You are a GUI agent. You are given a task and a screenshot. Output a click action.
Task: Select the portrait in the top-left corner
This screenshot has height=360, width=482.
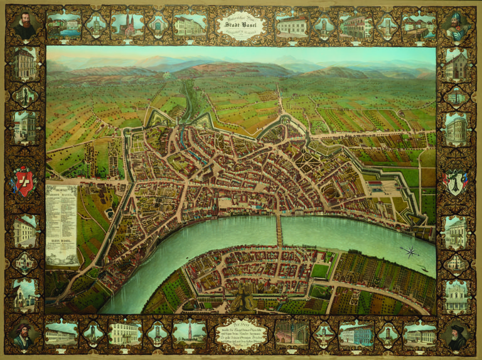point(25,26)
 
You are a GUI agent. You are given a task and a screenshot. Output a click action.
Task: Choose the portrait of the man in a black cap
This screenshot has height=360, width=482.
point(457,334)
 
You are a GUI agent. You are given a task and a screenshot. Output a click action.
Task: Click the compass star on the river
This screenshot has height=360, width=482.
point(411,252)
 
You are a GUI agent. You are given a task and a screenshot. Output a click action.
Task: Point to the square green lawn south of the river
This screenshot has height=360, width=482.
point(321,270)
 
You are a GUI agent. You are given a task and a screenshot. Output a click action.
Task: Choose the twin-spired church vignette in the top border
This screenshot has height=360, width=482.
point(127,24)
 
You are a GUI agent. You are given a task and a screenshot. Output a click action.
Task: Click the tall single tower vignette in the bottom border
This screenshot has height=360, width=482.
point(190,332)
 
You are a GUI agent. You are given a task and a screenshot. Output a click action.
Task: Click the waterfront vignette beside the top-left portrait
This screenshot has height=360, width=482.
point(63,25)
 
